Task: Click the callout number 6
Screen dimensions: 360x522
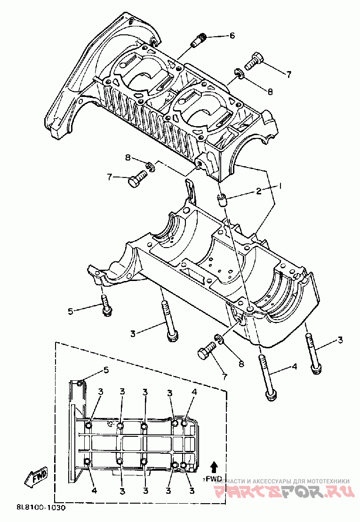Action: (232, 36)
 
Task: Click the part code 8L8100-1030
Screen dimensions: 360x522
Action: (40, 508)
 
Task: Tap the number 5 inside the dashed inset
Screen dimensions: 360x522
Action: (106, 370)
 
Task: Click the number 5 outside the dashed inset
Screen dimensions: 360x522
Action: (71, 311)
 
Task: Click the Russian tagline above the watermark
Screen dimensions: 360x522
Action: (281, 481)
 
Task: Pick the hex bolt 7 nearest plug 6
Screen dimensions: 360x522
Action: (252, 60)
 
